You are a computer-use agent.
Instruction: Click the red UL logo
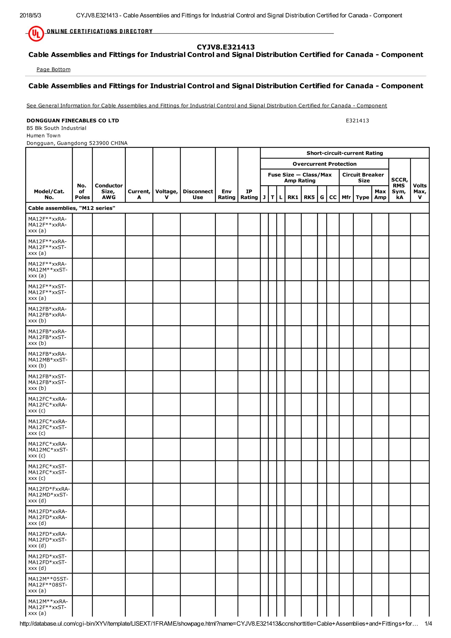point(36,34)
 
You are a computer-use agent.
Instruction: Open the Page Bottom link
point(53,69)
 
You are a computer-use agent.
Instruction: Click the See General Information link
point(206,106)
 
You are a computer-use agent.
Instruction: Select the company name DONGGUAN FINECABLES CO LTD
point(73,121)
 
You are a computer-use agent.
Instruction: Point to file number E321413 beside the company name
point(357,121)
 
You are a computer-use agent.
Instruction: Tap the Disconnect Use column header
point(198,194)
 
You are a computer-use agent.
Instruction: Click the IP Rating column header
point(249,194)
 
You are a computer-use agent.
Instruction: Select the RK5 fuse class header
point(309,197)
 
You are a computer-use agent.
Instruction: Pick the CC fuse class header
point(333,197)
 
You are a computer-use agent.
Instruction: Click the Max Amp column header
point(380,194)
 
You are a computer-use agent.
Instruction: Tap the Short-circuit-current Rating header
point(345,153)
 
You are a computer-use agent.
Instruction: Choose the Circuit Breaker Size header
point(363,177)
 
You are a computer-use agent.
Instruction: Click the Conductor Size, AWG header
point(109,191)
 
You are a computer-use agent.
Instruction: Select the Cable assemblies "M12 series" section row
point(72,208)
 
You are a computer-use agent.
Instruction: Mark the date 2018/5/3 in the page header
point(30,16)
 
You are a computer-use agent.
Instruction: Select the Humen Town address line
point(43,136)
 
